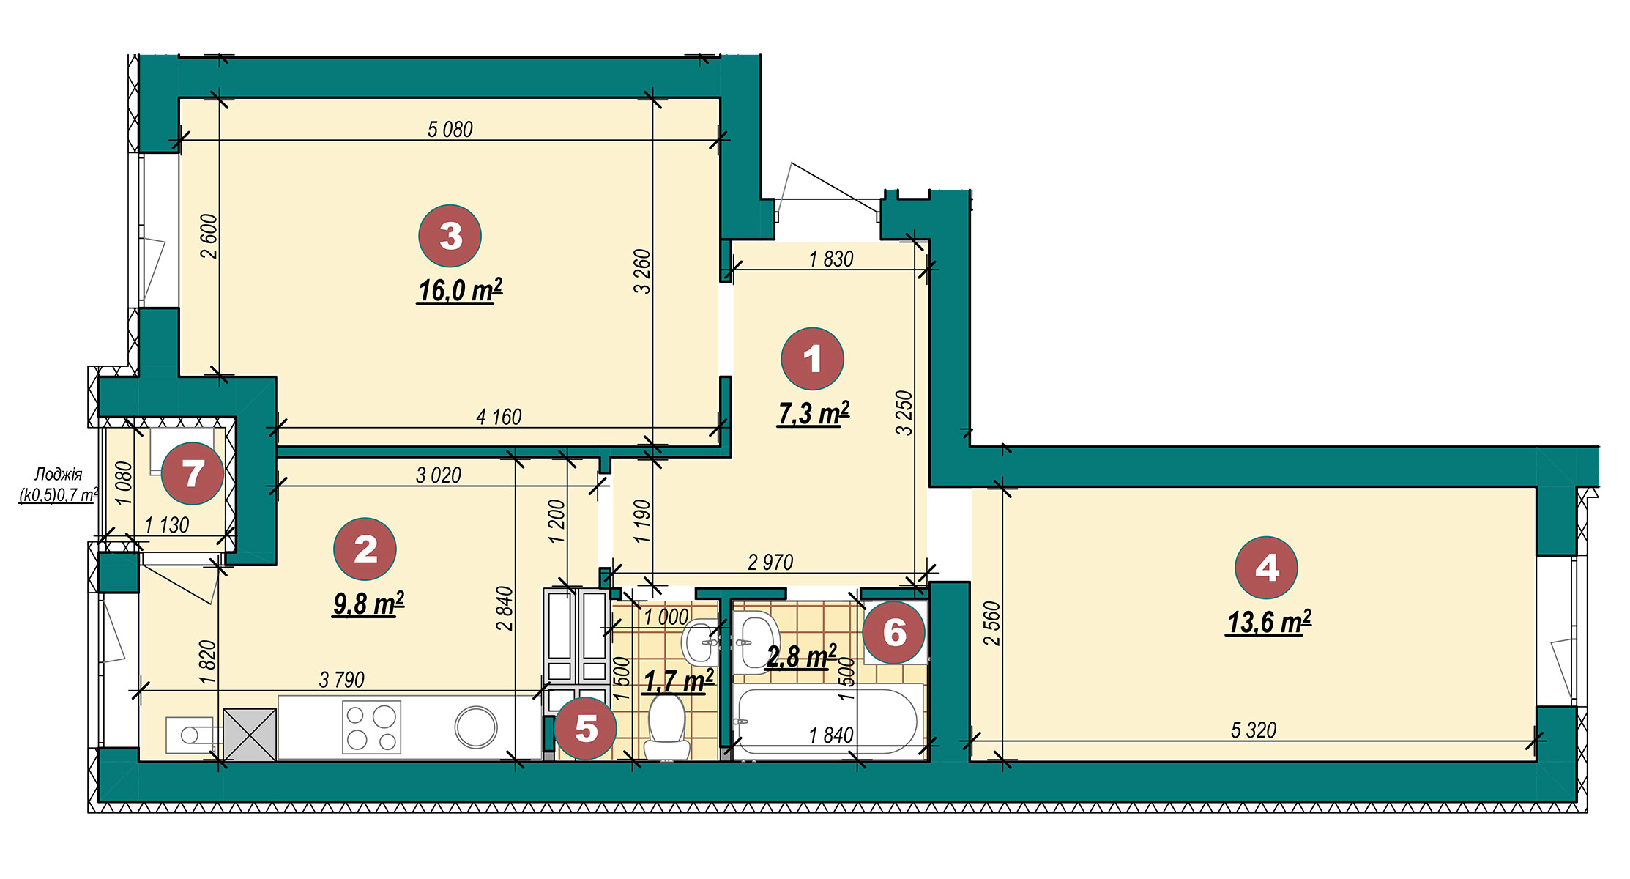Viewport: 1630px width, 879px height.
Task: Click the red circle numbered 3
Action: [x=450, y=236]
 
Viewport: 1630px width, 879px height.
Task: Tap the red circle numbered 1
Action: [x=812, y=359]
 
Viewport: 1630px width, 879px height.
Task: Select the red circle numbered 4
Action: [x=1266, y=568]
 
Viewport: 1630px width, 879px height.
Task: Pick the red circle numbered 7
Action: [x=193, y=473]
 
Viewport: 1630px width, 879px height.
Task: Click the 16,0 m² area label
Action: [x=460, y=291]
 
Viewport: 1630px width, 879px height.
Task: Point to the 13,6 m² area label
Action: [x=1268, y=623]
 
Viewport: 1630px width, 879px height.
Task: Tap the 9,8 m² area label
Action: [x=368, y=604]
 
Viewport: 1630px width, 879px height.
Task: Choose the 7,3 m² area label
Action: [x=813, y=414]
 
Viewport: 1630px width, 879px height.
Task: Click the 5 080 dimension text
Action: [x=450, y=130]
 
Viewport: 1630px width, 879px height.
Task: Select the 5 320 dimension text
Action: [x=1254, y=730]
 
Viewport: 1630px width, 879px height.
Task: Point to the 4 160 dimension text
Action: [x=499, y=418]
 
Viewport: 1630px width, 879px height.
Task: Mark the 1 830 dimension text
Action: [x=831, y=259]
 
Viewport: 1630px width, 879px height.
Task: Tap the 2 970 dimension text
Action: [x=770, y=563]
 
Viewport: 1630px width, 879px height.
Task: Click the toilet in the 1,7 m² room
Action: [x=666, y=727]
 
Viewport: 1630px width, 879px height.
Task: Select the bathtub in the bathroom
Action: [x=827, y=722]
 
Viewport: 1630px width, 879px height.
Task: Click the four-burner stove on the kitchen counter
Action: [x=372, y=727]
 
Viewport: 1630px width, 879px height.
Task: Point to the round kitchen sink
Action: [x=476, y=727]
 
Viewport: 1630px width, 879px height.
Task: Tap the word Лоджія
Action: [x=59, y=475]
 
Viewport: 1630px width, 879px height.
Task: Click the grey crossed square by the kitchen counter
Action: [x=250, y=734]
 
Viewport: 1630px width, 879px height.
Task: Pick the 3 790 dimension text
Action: [x=342, y=680]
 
